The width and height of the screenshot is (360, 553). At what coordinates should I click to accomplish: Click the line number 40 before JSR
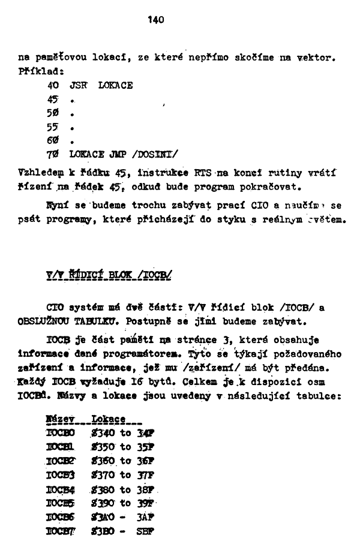(x=52, y=86)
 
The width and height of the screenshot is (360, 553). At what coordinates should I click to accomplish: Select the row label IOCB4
(x=61, y=489)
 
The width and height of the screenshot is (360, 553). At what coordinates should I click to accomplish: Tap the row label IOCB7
(x=62, y=531)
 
